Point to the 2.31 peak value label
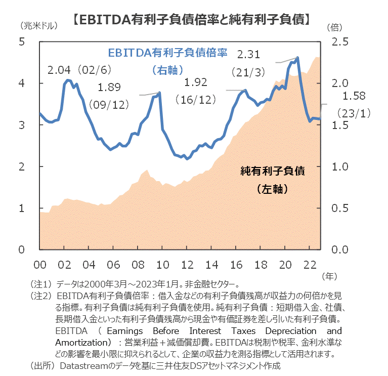[x=248, y=54]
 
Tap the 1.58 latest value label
[x=354, y=96]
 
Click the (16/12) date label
[x=196, y=100]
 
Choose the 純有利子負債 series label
[x=272, y=171]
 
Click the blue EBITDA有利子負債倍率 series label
[x=167, y=53]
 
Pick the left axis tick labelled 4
[x=22, y=83]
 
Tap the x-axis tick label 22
[x=310, y=265]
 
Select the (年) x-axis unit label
[x=328, y=276]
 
